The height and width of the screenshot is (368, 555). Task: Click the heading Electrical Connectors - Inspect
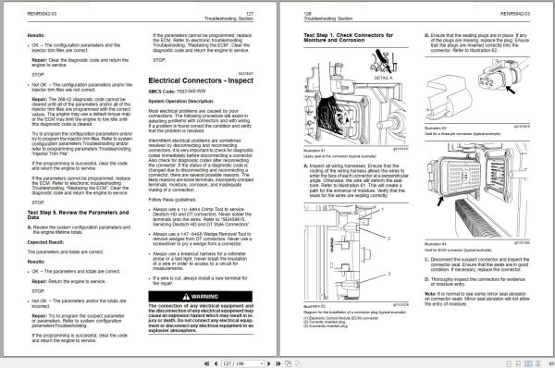pos(203,82)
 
